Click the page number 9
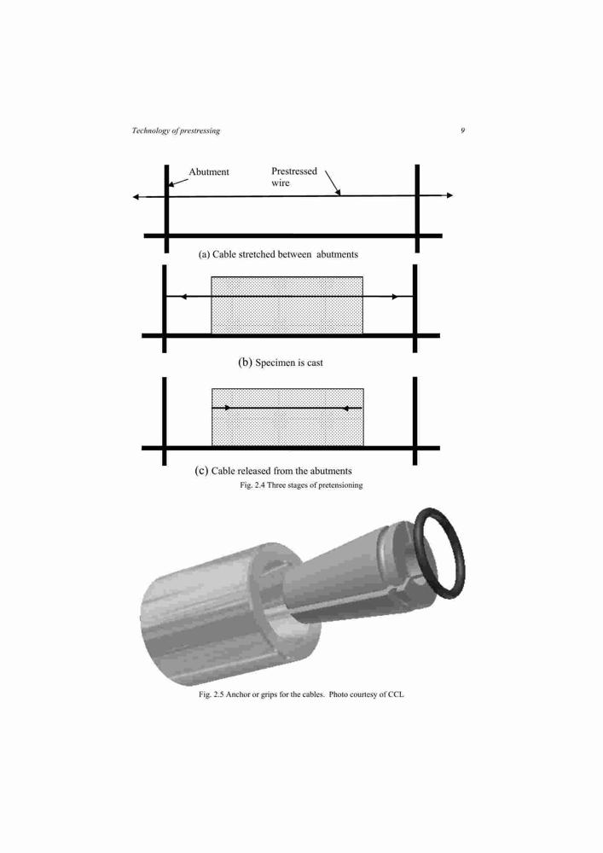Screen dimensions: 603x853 pos(463,131)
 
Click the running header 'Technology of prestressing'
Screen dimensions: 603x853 pos(176,131)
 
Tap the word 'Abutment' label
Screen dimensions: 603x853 pos(209,172)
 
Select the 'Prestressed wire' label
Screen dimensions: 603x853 pos(293,177)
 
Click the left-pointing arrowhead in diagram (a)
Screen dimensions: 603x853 pos(136,197)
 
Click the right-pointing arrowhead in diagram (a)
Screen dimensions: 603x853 pos(449,195)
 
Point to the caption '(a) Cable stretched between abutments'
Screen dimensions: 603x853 pos(278,254)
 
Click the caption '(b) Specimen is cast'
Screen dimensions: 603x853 pos(281,363)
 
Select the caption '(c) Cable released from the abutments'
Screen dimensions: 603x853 pos(273,471)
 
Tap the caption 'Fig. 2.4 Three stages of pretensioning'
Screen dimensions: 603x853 pos(301,485)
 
